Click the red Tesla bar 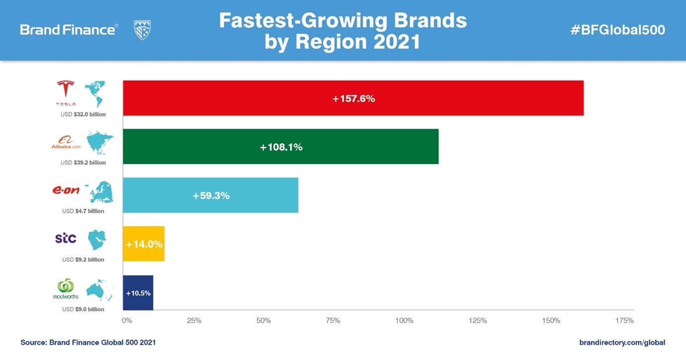[x=353, y=98]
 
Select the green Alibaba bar [x=281, y=147]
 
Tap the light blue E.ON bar [x=210, y=195]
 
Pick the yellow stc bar [x=144, y=244]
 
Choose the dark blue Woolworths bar [x=138, y=293]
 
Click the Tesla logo [x=66, y=92]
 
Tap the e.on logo [x=66, y=190]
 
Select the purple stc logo [x=66, y=238]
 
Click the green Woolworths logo [x=66, y=288]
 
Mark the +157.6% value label [x=353, y=98]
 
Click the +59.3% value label [x=211, y=196]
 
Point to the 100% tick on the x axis [x=404, y=321]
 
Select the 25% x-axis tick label [x=194, y=321]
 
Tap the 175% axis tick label [x=624, y=321]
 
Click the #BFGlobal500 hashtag [x=617, y=30]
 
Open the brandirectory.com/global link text [x=622, y=343]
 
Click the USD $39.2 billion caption [x=83, y=163]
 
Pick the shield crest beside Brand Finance [x=142, y=30]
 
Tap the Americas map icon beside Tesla [x=96, y=93]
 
